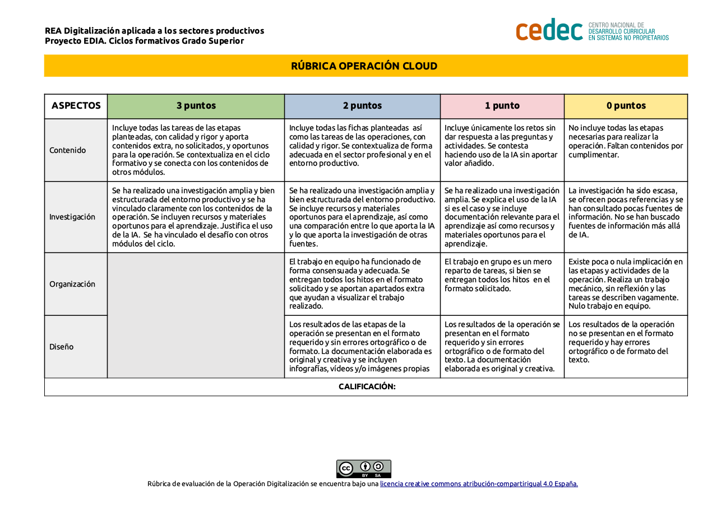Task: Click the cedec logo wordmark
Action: click(x=549, y=30)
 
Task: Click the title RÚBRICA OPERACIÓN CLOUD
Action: click(x=364, y=66)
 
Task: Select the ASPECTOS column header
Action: click(x=76, y=106)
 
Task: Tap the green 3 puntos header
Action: click(x=196, y=106)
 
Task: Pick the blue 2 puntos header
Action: click(x=362, y=106)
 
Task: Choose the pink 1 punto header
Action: click(x=502, y=106)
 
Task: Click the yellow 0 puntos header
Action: click(x=626, y=106)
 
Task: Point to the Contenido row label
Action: click(x=68, y=150)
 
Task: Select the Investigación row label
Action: click(x=72, y=217)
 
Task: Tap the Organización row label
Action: click(x=72, y=284)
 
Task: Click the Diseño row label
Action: click(x=62, y=347)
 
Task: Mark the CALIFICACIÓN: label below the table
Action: click(x=367, y=387)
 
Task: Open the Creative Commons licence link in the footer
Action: click(x=479, y=484)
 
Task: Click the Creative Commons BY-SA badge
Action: click(x=363, y=469)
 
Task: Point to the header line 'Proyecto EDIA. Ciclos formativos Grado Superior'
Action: click(x=144, y=41)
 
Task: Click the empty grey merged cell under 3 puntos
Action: click(x=196, y=315)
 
